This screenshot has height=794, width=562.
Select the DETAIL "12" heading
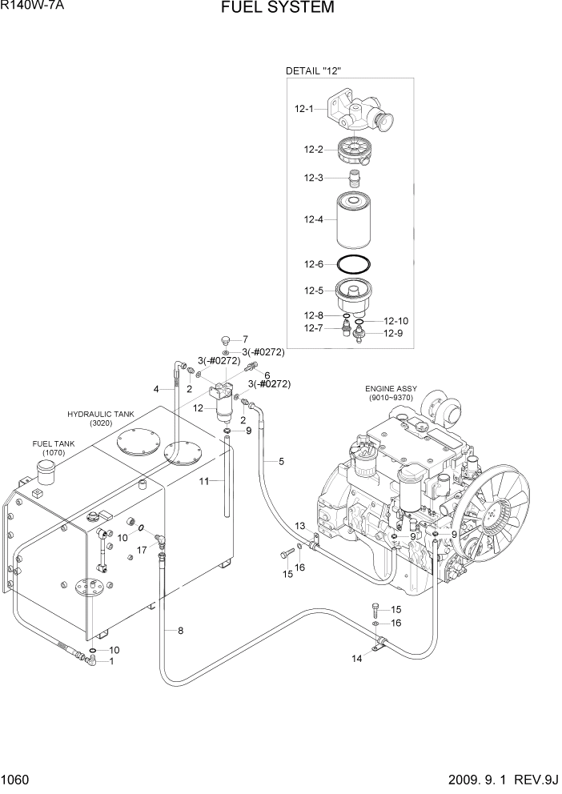pyautogui.click(x=314, y=71)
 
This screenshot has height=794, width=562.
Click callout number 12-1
pyautogui.click(x=303, y=109)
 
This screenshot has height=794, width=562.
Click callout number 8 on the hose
pyautogui.click(x=180, y=631)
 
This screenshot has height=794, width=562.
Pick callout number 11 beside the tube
pyautogui.click(x=203, y=481)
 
